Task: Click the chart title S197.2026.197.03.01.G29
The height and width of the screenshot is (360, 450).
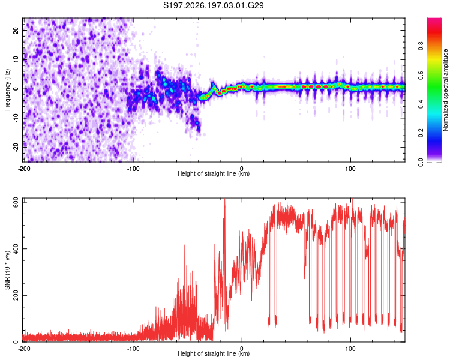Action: [x=213, y=5]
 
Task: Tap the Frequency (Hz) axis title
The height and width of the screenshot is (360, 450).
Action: [x=7, y=89]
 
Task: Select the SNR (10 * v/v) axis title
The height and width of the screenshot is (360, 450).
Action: [x=7, y=270]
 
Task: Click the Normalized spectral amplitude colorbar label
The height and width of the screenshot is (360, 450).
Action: [x=445, y=89]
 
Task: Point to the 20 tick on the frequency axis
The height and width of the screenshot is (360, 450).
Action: [x=16, y=30]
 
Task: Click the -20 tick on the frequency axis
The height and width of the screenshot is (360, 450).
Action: [x=16, y=147]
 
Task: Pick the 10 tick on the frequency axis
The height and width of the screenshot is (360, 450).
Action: [x=16, y=59]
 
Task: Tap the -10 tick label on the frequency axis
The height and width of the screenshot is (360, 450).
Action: [x=16, y=118]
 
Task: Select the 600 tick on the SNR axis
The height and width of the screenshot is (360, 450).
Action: [x=16, y=203]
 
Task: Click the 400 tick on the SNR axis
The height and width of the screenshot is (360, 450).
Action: [x=16, y=248]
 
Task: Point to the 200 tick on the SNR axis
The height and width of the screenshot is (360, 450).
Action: [x=16, y=295]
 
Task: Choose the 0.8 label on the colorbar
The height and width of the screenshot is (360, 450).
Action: [x=421, y=46]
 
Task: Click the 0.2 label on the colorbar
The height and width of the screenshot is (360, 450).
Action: [x=421, y=133]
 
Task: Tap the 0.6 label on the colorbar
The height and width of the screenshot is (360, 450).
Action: [x=421, y=75]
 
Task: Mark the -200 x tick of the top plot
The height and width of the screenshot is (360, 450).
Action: [x=24, y=169]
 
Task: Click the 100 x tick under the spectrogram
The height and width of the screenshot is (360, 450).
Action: [x=350, y=169]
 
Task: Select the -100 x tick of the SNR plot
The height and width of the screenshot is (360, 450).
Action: [x=133, y=349]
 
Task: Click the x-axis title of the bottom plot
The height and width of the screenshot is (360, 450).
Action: [x=214, y=353]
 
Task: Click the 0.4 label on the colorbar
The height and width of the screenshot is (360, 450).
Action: [x=421, y=104]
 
